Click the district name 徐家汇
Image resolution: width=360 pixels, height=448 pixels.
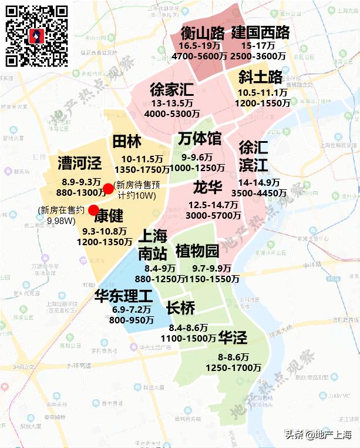coord(171,90)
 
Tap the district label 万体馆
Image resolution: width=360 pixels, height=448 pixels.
coord(200,139)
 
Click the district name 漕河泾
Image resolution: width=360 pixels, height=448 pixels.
coord(80,163)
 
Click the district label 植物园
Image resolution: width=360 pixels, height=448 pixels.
coord(197,251)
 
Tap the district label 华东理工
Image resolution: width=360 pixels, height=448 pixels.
coord(123,295)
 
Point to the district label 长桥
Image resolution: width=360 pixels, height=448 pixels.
coord(180,308)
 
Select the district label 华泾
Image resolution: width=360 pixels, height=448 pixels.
coord(233,337)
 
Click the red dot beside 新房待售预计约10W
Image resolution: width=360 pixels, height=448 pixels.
coord(108,189)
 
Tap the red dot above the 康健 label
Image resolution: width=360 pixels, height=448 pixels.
coord(93,210)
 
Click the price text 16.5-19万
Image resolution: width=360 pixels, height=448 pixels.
coord(200,46)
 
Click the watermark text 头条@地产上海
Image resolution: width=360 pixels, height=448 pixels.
coord(318,435)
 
